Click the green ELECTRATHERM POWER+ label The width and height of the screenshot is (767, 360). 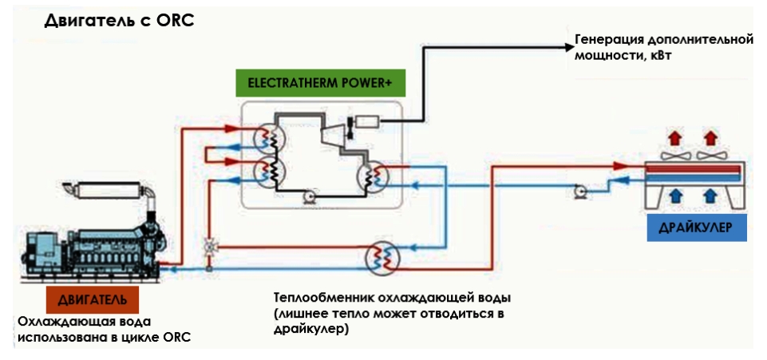click(320, 83)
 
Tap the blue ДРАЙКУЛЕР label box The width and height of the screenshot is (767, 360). click(697, 228)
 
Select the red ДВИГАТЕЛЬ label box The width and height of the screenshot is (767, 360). click(93, 299)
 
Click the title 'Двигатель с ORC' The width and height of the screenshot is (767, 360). click(120, 21)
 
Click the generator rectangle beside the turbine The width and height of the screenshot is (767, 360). click(366, 121)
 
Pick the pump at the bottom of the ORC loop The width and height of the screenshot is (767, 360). click(310, 196)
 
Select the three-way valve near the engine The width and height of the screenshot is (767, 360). click(209, 247)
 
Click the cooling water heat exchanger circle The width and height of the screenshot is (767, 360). click(382, 258)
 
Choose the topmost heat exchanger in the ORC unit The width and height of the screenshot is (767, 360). click(269, 138)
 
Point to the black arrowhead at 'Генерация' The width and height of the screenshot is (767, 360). click(568, 47)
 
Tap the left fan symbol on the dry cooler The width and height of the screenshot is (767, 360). click(676, 156)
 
